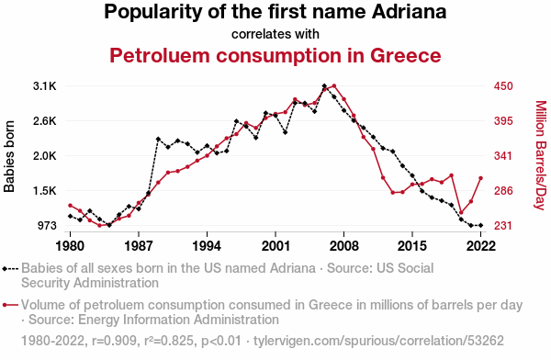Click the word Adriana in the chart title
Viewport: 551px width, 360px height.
[x=409, y=12]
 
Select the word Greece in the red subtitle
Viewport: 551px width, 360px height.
[x=405, y=55]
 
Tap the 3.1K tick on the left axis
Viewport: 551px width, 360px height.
[x=45, y=86]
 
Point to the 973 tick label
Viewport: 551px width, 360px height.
[x=47, y=225]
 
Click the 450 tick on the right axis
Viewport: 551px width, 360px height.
[x=503, y=86]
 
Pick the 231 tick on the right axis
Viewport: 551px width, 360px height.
[x=503, y=225]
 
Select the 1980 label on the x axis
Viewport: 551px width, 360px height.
[x=71, y=246]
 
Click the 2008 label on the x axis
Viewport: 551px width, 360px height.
[x=344, y=246]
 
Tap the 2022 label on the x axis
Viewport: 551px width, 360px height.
[x=480, y=246]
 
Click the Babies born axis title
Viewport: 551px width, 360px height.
[x=9, y=156]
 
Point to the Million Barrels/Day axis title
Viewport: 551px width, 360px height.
[x=541, y=155]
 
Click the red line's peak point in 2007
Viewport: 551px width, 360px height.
[x=334, y=85]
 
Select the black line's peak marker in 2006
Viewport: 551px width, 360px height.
[x=324, y=85]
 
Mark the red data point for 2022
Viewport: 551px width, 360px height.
[x=480, y=178]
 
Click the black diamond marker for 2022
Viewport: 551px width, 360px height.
[x=480, y=225]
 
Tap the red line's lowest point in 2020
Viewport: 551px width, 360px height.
[x=461, y=213]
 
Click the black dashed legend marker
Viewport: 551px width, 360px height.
[x=10, y=269]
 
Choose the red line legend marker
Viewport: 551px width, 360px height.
[x=10, y=305]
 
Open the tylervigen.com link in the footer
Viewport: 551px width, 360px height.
[x=378, y=341]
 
